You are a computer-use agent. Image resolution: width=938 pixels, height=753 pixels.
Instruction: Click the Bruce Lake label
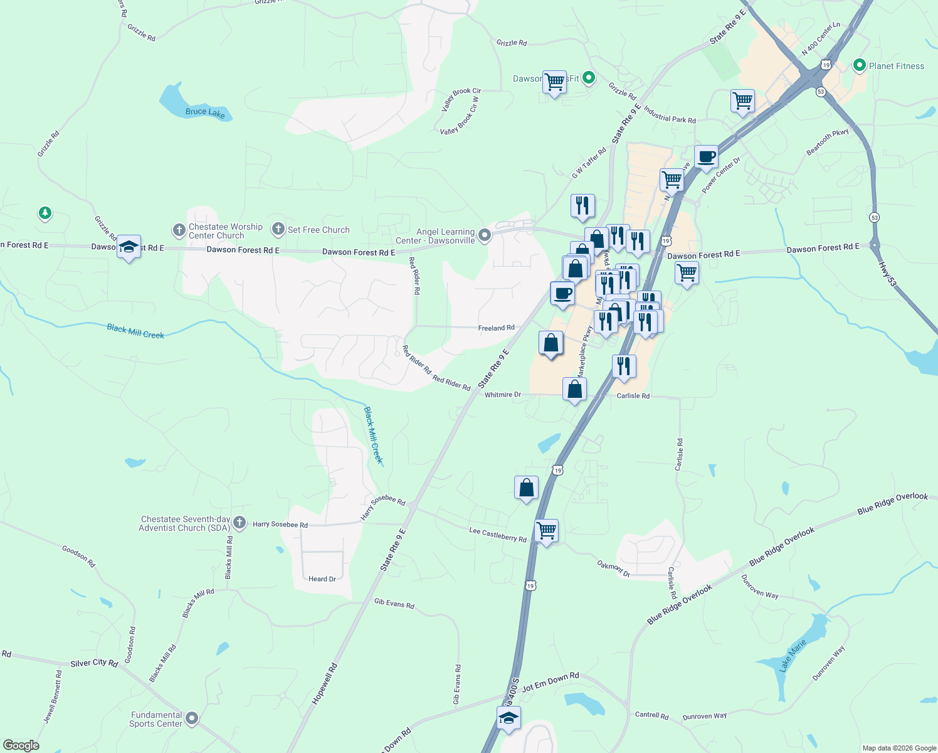205,112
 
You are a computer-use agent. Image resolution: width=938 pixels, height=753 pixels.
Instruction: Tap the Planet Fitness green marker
859,65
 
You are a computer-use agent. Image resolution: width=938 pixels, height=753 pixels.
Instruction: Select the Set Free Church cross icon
278,230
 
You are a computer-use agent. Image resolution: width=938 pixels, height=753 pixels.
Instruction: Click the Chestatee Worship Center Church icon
179,230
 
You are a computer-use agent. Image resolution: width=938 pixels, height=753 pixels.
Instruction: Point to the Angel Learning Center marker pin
485,235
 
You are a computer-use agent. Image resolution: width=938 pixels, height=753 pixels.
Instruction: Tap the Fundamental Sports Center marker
192,718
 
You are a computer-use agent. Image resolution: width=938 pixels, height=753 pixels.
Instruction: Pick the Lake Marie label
793,656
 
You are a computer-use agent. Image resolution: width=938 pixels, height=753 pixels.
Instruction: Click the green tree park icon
45,213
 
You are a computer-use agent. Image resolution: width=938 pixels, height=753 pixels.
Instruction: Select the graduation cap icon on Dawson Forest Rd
129,248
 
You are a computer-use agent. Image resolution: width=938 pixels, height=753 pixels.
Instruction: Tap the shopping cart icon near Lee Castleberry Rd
546,530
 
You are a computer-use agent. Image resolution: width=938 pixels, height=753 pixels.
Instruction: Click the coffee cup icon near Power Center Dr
706,157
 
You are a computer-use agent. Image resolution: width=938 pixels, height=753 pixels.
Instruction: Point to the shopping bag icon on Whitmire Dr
574,390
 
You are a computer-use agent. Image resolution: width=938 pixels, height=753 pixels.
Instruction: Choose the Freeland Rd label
496,328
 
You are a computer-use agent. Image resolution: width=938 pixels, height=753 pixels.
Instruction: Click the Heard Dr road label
322,579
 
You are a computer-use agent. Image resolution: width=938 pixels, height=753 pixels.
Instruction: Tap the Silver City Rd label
94,663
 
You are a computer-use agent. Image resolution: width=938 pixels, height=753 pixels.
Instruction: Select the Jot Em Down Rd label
550,681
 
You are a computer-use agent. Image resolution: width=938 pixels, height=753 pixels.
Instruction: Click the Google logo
21,745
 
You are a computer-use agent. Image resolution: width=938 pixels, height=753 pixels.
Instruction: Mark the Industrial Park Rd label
669,115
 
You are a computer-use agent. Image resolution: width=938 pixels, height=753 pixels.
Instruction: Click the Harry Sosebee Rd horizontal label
280,525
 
